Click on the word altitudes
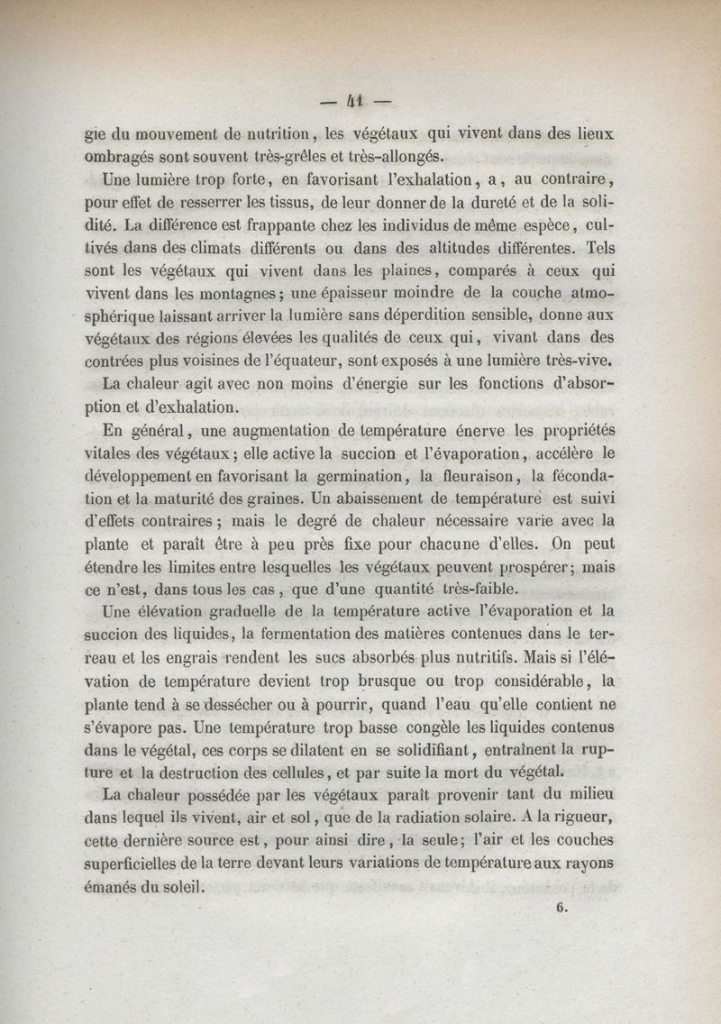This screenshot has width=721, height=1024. tap(474, 245)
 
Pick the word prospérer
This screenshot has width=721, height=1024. tap(527, 568)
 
